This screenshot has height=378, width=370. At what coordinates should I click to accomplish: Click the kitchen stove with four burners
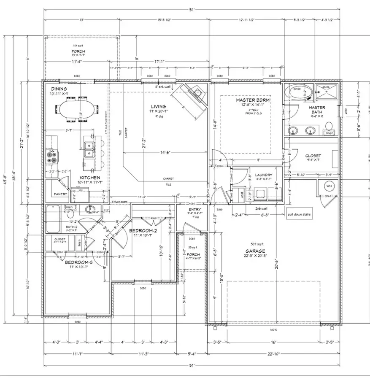point(52,157)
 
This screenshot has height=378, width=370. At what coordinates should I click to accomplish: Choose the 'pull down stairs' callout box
point(300,214)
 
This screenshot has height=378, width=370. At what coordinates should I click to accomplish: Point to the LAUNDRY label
point(261,175)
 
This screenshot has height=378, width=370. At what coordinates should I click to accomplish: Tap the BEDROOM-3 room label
point(78,262)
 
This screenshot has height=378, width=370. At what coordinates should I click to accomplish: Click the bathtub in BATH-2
point(53,219)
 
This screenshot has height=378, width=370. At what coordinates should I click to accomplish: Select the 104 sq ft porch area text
point(78,45)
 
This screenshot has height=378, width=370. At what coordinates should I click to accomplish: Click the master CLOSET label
point(313,156)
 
